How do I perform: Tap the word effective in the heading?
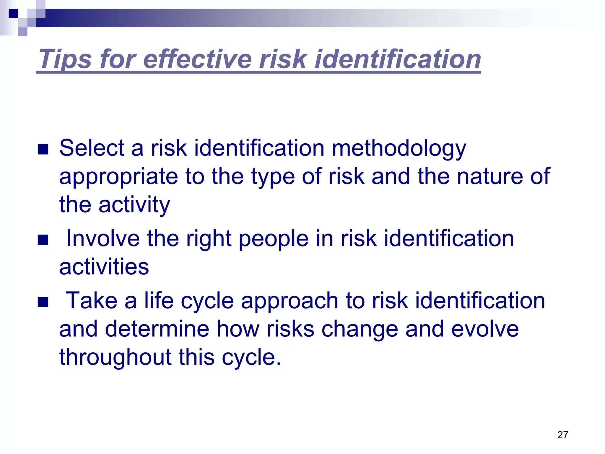[197, 59]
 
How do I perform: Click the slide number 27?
[562, 435]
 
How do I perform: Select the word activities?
[104, 267]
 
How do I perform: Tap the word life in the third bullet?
[159, 301]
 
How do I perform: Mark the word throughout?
[116, 357]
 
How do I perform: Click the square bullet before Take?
[43, 302]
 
